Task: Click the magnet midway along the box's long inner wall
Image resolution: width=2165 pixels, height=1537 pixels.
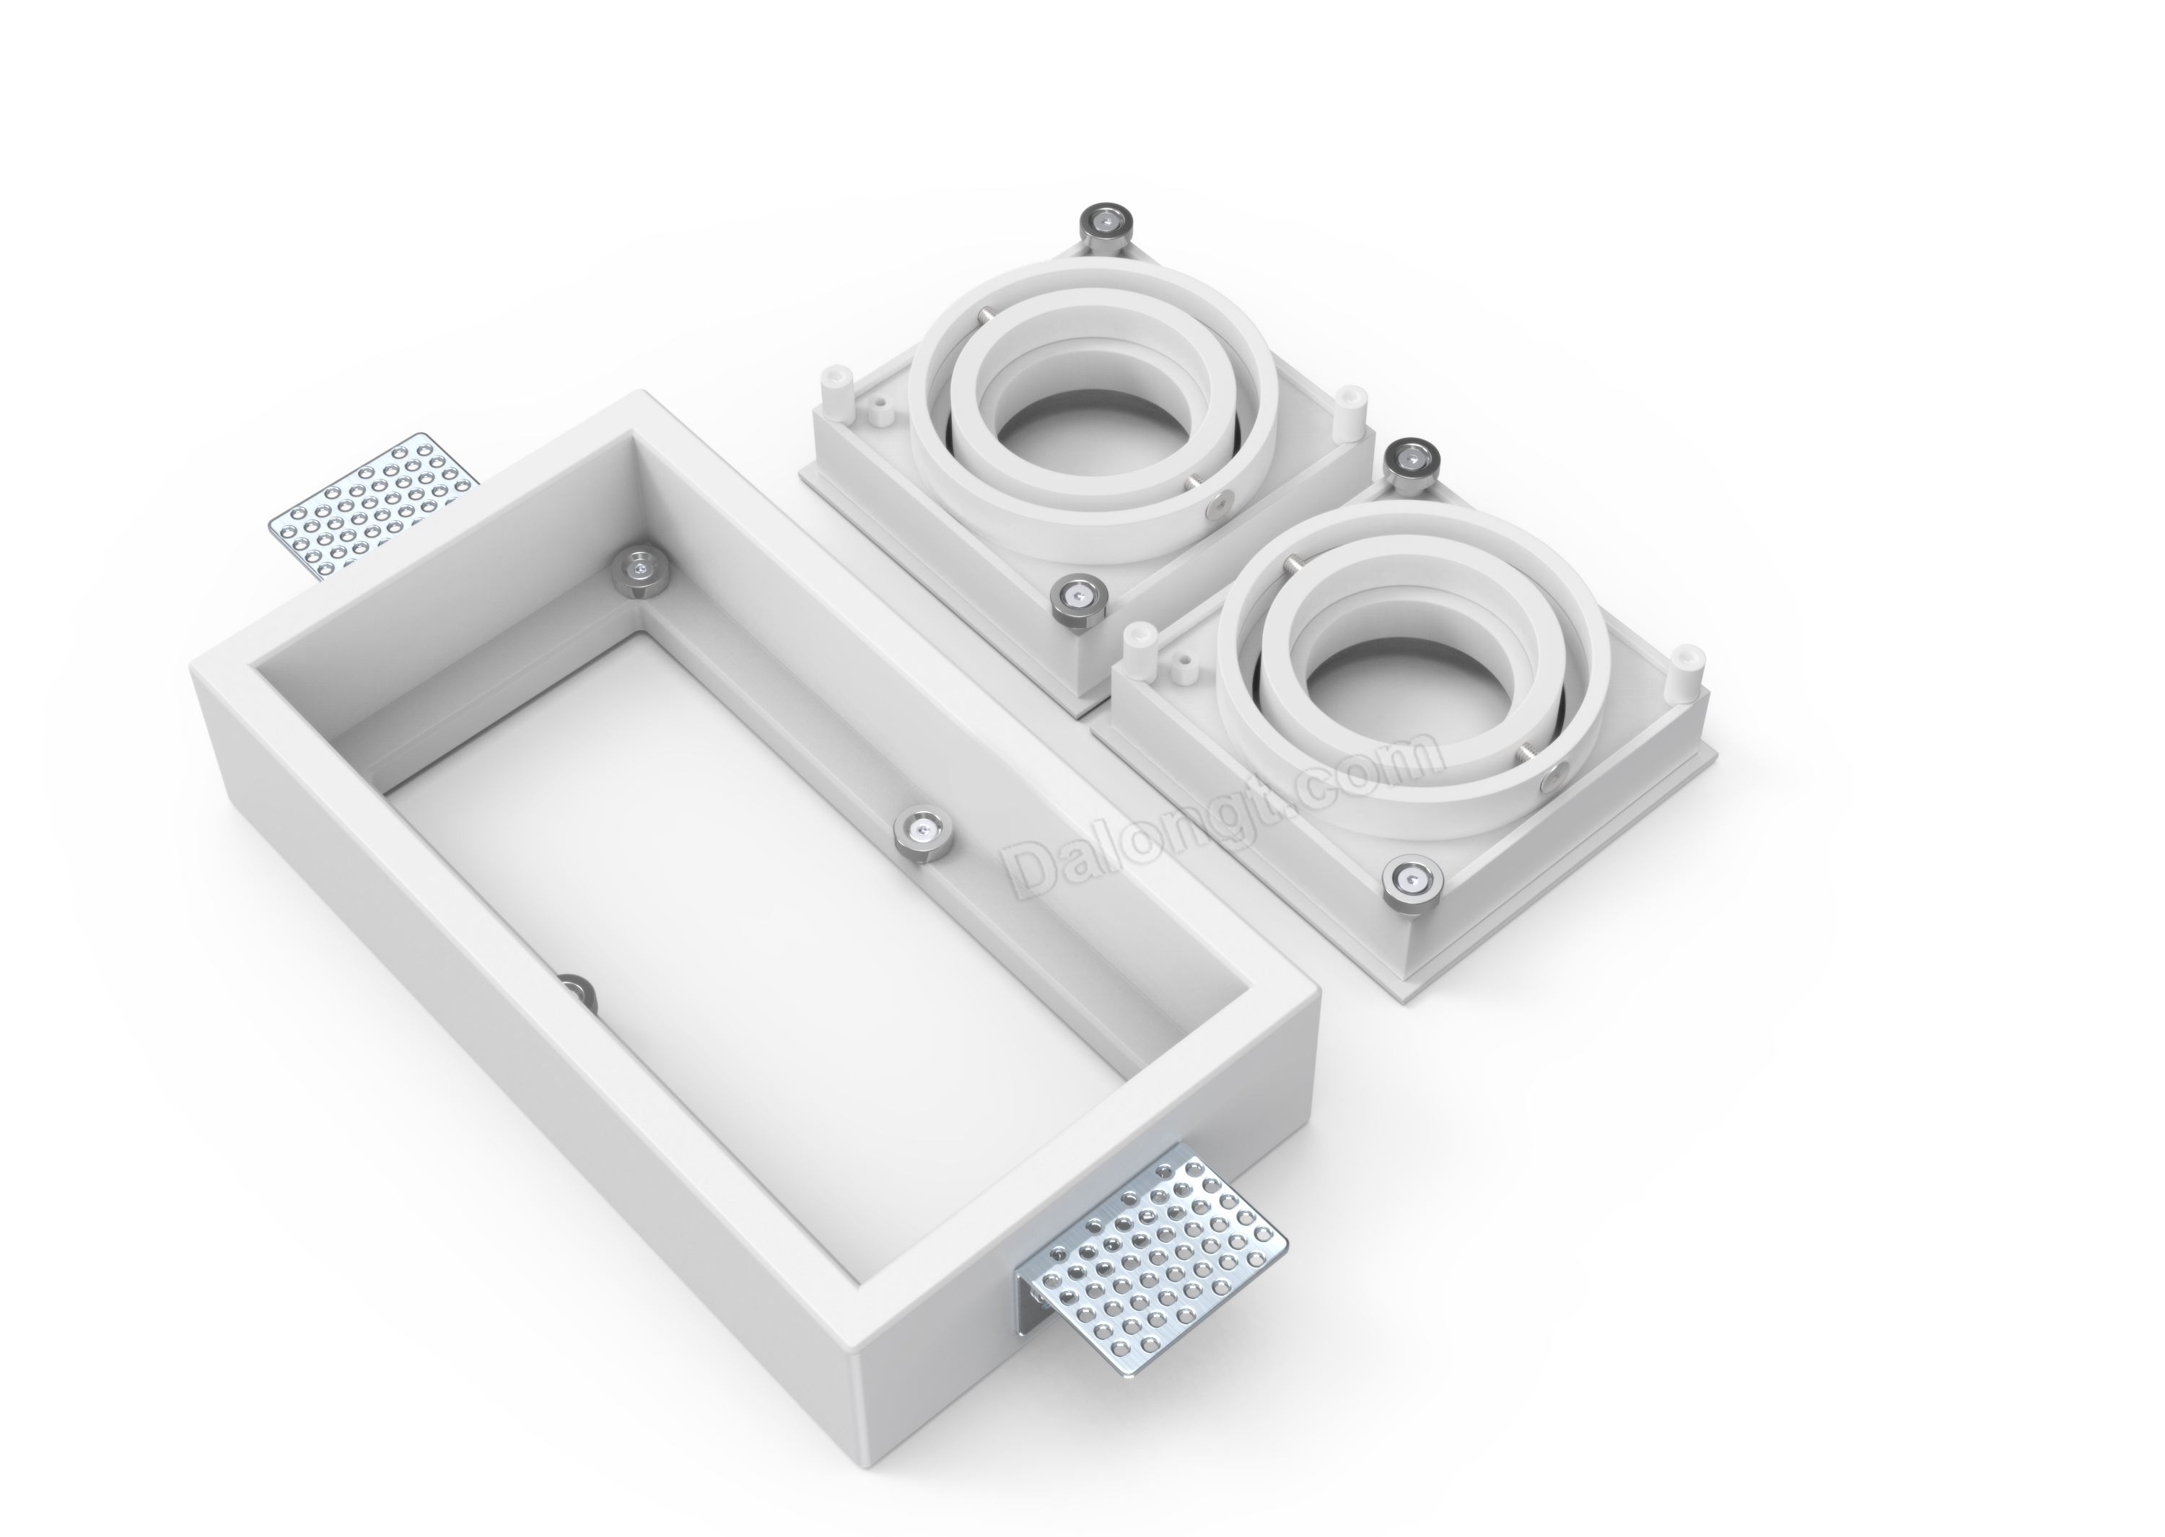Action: click(922, 833)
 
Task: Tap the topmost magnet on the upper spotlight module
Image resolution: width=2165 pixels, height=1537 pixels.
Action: click(1103, 227)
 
